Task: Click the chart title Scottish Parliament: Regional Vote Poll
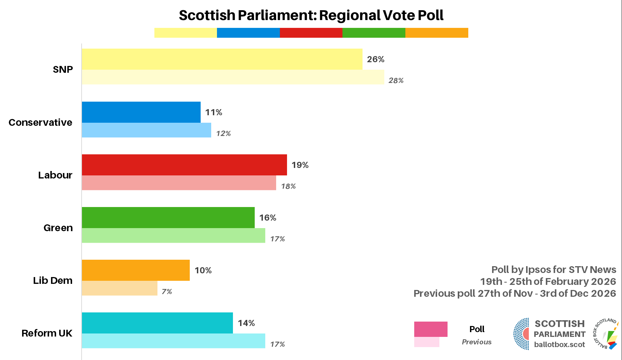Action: pos(311,15)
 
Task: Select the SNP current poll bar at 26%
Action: pos(222,59)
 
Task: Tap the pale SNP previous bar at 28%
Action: pos(233,77)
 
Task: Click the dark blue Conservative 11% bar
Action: pos(141,112)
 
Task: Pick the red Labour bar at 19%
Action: pos(184,165)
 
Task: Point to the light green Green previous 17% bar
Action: pos(173,236)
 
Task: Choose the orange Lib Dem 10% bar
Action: pos(136,270)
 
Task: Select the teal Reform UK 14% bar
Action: pos(157,323)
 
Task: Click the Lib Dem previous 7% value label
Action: pos(167,292)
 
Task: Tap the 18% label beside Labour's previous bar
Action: pos(288,186)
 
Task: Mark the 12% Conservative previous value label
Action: pos(223,134)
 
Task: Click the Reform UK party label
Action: pos(47,333)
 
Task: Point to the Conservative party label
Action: pos(40,122)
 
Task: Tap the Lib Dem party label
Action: pos(53,280)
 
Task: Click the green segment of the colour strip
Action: pos(374,33)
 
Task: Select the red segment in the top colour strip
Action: pos(311,33)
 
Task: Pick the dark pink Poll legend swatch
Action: pos(431,329)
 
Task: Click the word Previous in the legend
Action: pos(476,342)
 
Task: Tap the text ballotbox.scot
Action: pos(559,344)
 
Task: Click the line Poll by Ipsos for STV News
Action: pos(554,270)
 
